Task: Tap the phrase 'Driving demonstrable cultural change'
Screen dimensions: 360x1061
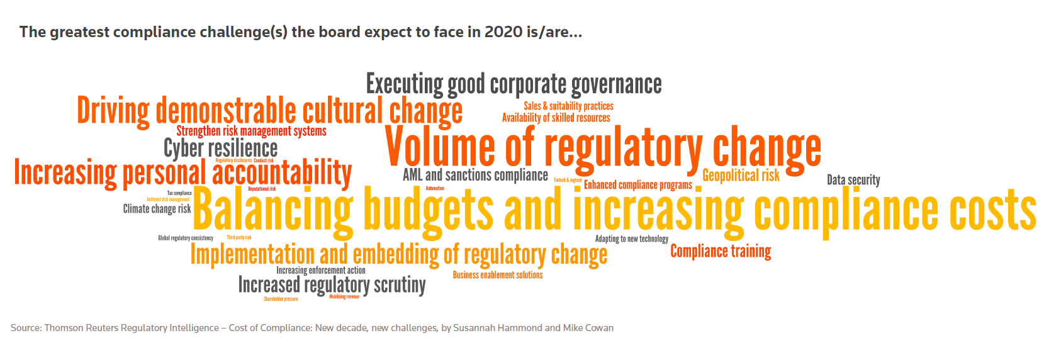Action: tap(269, 111)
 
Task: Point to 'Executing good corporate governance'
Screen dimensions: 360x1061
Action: tap(514, 84)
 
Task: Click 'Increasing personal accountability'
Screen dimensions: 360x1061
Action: tap(182, 173)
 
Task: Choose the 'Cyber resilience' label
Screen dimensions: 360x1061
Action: tap(220, 149)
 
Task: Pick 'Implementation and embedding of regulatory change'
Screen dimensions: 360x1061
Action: tap(398, 255)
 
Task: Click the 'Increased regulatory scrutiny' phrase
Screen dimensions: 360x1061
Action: tap(332, 285)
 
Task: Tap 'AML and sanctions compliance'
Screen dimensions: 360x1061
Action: tap(475, 175)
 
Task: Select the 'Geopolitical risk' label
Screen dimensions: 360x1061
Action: tap(741, 176)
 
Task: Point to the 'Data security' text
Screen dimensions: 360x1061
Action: tap(853, 180)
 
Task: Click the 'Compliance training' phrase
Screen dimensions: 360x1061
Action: tap(721, 251)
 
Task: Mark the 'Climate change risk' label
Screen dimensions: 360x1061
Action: tap(157, 209)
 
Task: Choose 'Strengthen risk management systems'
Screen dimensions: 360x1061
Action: tap(251, 131)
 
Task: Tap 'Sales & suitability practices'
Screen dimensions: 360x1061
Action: tap(568, 106)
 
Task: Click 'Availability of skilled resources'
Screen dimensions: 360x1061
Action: tap(556, 118)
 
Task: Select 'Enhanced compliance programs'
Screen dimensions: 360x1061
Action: tap(637, 185)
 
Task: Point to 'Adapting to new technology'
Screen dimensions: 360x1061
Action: tap(631, 239)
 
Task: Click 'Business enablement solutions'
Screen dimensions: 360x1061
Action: tap(497, 275)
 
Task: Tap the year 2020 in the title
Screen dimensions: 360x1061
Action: tap(504, 32)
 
